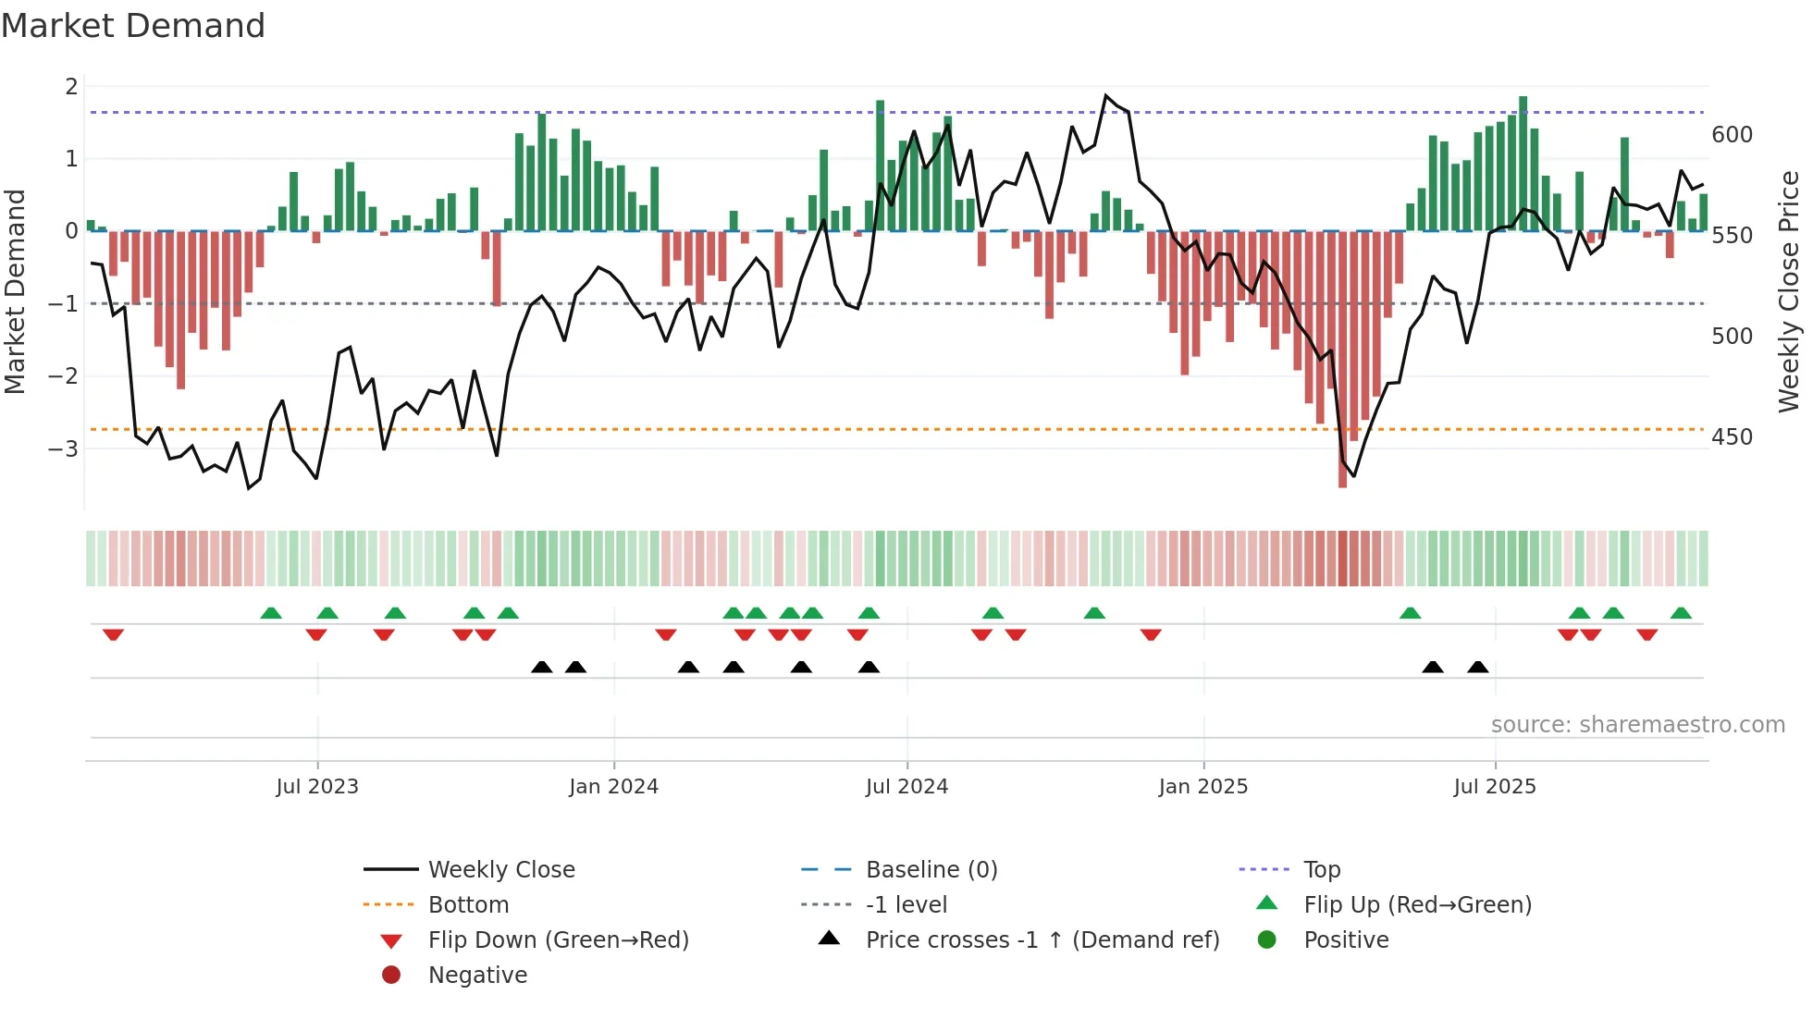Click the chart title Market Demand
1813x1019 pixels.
[133, 26]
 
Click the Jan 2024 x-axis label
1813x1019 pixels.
[613, 787]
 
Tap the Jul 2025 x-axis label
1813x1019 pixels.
[1494, 787]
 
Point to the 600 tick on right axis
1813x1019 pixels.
[1732, 135]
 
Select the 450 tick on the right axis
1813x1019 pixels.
[1732, 437]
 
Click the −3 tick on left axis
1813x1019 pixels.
[63, 449]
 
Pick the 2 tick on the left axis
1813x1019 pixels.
[71, 87]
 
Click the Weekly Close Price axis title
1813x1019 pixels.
[1789, 291]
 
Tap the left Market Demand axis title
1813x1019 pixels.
[16, 291]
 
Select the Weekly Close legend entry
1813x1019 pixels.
[501, 870]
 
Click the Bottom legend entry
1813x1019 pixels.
[468, 905]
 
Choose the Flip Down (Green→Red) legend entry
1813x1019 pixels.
[558, 940]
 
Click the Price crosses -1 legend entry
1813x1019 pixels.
[1042, 940]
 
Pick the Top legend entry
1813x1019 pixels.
[1322, 870]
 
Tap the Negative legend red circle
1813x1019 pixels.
[391, 976]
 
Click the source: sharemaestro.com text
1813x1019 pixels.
[1637, 725]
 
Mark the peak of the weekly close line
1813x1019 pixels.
[1105, 95]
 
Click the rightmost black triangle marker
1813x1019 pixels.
[1478, 668]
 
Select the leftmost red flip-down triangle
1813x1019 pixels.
[113, 634]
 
